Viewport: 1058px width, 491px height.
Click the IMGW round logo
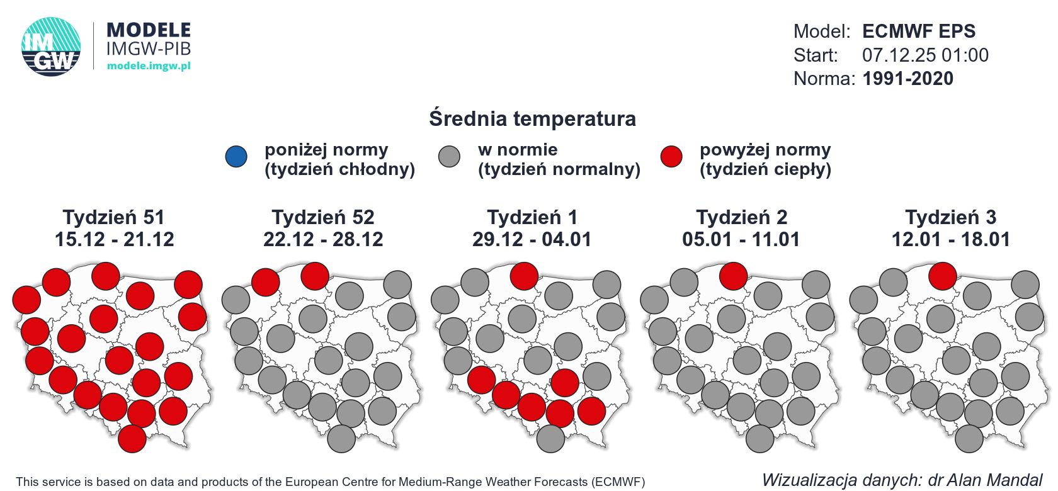click(51, 47)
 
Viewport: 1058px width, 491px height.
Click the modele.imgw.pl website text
click(149, 66)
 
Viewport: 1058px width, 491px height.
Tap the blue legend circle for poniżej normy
click(237, 157)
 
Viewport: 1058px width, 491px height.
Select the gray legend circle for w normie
click(449, 157)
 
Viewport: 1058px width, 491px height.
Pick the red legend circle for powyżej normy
click(671, 157)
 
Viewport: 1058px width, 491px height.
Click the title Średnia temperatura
click(532, 118)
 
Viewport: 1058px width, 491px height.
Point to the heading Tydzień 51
click(114, 217)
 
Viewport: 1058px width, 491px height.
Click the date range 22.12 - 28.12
click(323, 239)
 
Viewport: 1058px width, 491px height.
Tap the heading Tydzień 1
click(532, 217)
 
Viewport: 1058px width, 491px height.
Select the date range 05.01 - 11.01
click(741, 239)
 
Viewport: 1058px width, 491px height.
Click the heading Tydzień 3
click(950, 217)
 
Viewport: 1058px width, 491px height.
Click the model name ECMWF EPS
click(919, 31)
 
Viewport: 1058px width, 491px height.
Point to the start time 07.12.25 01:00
click(925, 55)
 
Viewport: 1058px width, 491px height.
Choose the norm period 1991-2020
click(907, 79)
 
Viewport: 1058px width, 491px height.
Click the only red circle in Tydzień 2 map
click(733, 276)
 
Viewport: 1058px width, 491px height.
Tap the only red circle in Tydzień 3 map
click(942, 276)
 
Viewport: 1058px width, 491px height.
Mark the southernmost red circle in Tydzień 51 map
click(132, 438)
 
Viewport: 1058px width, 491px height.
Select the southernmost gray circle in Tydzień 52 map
click(341, 438)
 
